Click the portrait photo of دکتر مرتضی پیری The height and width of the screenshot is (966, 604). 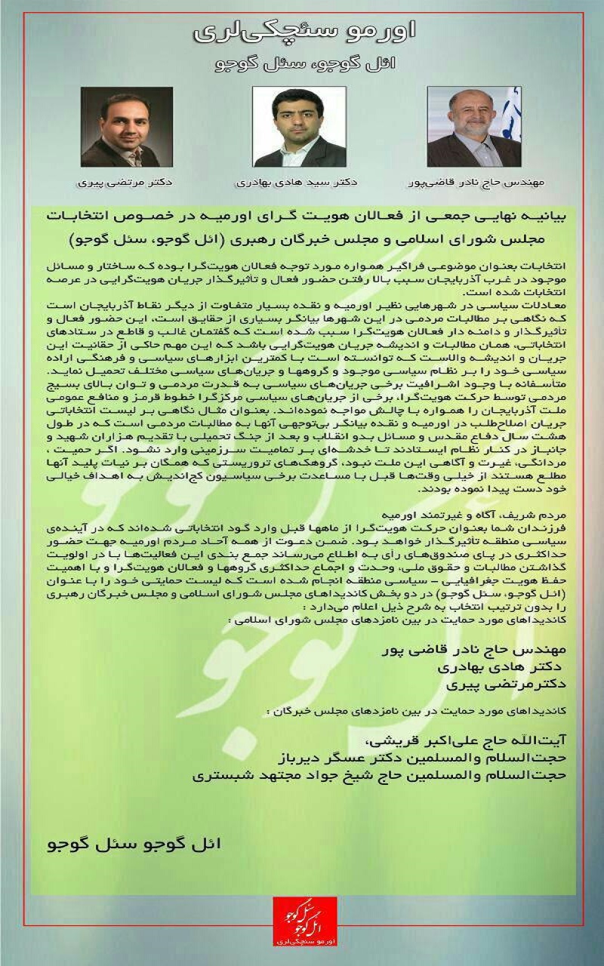[121, 127]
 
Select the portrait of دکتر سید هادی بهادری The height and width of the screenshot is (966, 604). [300, 127]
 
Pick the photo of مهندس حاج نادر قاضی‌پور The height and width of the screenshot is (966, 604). [474, 127]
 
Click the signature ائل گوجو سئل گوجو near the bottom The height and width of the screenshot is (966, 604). [135, 843]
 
